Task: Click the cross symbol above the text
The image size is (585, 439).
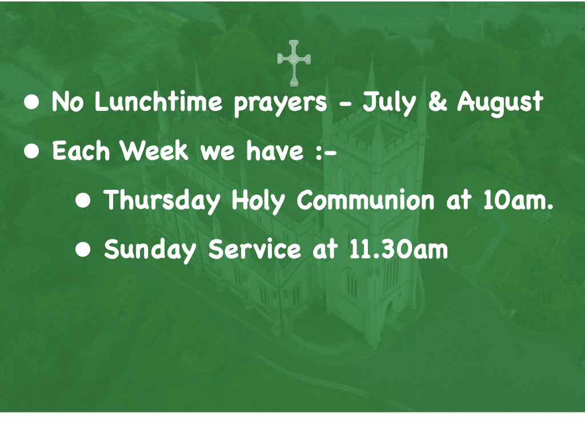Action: point(294,63)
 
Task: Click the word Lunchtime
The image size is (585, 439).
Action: point(159,102)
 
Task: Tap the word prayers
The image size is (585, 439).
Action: point(280,104)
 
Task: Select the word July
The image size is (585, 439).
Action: point(388,103)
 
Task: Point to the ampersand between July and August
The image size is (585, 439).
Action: point(437,102)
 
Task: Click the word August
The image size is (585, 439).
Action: point(500,103)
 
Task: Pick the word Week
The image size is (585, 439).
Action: point(154,151)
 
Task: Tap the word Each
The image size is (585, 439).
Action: point(81,151)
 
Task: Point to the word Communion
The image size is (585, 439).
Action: point(366,199)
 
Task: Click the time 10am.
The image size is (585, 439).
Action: point(518,201)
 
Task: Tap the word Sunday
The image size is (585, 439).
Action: point(150,251)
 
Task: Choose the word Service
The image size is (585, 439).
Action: point(254,249)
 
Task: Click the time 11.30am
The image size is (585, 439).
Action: point(398,249)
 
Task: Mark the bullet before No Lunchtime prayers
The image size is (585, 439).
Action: point(31,102)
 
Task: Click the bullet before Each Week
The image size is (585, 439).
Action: point(31,151)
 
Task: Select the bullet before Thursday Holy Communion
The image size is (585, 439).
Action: point(83,201)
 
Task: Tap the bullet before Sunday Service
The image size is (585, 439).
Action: point(83,250)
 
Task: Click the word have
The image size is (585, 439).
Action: point(275,151)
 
